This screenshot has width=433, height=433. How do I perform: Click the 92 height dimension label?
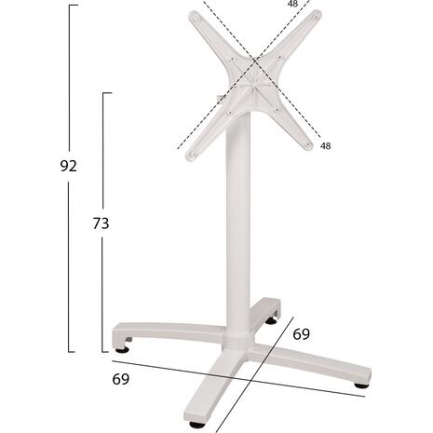click(x=68, y=167)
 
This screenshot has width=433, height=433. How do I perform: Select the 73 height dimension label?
click(x=101, y=223)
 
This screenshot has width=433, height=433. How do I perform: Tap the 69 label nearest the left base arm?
click(x=120, y=379)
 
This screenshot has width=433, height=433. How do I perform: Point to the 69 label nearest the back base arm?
click(x=302, y=334)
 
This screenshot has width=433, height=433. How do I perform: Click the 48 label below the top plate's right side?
click(x=325, y=145)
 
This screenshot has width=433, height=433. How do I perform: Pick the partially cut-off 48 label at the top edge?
click(x=292, y=4)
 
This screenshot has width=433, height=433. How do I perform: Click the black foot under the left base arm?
click(x=122, y=350)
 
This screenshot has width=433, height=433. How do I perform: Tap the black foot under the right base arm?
click(x=361, y=386)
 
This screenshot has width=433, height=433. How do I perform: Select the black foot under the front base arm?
click(x=196, y=425)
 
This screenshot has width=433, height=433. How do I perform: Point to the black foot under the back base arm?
click(x=271, y=321)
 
